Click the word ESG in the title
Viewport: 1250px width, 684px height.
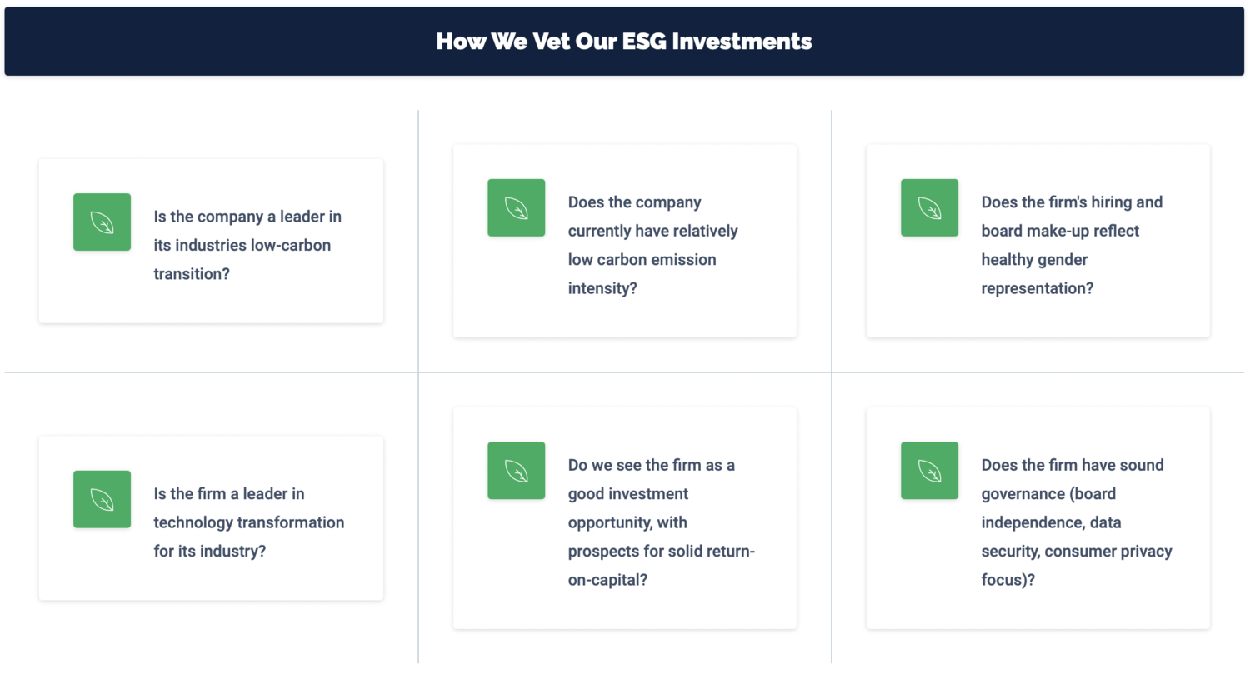pyautogui.click(x=644, y=42)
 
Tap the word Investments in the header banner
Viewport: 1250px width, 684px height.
pyautogui.click(x=742, y=42)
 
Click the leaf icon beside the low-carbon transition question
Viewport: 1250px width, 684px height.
pyautogui.click(x=102, y=222)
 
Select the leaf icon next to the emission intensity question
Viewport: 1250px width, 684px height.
pyautogui.click(x=516, y=207)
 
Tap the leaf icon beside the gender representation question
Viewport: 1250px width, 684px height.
pyautogui.click(x=929, y=207)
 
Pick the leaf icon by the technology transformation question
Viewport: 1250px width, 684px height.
pyautogui.click(x=102, y=499)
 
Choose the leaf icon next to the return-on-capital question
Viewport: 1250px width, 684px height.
pyautogui.click(x=516, y=471)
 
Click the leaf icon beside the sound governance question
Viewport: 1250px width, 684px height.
pyautogui.click(x=929, y=471)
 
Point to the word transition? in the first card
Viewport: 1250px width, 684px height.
pyautogui.click(x=192, y=274)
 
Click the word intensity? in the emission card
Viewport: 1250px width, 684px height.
pyautogui.click(x=602, y=288)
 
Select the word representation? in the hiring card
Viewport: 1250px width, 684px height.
pyautogui.click(x=1037, y=288)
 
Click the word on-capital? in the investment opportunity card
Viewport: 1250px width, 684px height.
pyautogui.click(x=607, y=580)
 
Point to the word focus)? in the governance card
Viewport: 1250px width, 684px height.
pyautogui.click(x=1007, y=580)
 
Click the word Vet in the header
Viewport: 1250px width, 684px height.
pyautogui.click(x=552, y=42)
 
